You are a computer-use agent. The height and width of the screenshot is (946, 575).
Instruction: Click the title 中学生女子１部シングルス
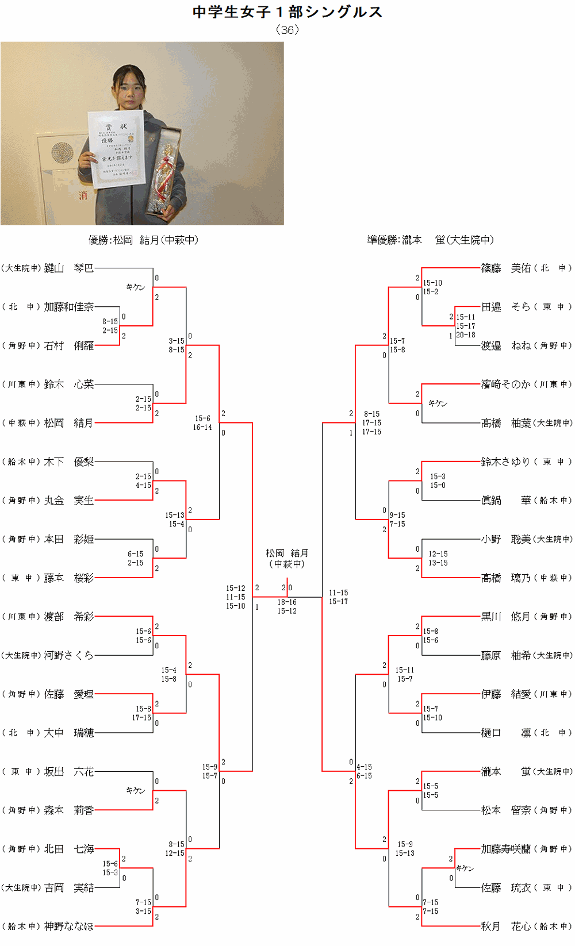point(287,12)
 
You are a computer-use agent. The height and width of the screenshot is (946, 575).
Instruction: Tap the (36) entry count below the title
point(287,30)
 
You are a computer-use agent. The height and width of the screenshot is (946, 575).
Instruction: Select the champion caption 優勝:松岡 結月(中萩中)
point(143,240)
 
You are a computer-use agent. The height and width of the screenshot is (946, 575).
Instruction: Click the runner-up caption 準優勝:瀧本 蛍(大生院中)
point(430,240)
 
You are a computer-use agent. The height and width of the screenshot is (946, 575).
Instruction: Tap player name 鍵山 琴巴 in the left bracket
point(68,268)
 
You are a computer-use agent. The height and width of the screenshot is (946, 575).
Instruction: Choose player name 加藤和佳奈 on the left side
point(68,307)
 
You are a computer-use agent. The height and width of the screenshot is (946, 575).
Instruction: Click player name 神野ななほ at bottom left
point(68,926)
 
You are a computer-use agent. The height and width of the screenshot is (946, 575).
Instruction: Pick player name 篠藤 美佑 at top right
point(505,268)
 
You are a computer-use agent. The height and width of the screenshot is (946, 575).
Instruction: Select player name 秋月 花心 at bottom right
point(505,926)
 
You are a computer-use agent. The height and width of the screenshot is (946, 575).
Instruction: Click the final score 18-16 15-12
point(287,606)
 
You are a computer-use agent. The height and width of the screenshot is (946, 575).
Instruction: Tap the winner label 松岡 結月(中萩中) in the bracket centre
point(287,558)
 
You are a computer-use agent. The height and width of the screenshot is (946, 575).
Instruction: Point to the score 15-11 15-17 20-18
point(466,326)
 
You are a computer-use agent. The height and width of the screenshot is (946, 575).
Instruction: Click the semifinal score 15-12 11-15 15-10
point(235,597)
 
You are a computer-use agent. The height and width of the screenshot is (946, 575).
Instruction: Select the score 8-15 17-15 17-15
point(371,422)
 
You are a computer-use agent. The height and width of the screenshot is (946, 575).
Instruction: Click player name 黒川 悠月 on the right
point(505,617)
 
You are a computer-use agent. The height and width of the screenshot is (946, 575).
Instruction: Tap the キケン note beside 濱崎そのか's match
point(438,403)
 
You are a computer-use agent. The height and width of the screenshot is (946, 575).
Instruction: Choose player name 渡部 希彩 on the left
point(68,617)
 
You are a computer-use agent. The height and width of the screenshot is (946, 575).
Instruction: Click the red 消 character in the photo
point(83,195)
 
